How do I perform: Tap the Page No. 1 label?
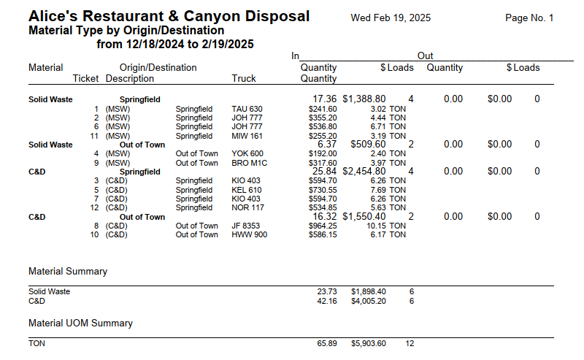pos(529,18)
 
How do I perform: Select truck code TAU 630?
pos(247,109)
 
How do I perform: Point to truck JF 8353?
pos(246,226)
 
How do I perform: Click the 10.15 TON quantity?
pos(388,226)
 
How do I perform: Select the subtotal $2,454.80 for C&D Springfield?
pos(369,171)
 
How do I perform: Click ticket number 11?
pos(93,135)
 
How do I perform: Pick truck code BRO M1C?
pos(248,163)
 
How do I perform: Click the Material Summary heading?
pos(68,271)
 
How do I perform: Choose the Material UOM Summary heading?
pos(80,323)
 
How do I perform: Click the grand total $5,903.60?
pos(369,343)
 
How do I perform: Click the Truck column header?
pos(244,78)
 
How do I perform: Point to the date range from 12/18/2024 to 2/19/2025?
pos(175,45)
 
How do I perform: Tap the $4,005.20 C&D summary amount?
pos(369,300)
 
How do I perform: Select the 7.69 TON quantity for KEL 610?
pos(388,190)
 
